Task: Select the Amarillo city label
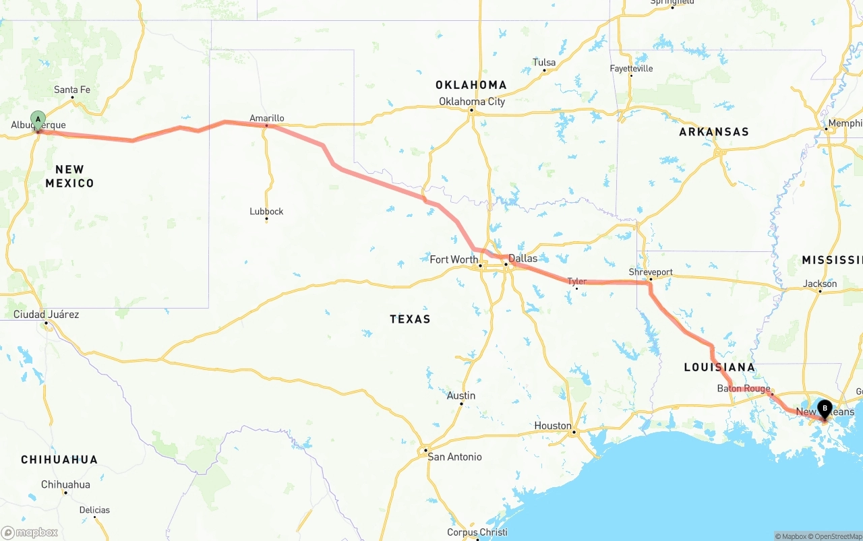point(266,118)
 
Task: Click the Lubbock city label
point(266,211)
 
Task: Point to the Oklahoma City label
point(472,101)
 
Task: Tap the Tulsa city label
point(544,62)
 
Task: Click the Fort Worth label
point(454,259)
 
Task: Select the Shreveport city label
point(651,272)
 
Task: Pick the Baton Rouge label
point(744,389)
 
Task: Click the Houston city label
point(553,425)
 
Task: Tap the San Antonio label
point(454,457)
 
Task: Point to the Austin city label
point(461,395)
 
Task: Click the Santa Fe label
point(72,90)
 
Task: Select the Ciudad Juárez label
point(46,314)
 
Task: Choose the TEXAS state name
point(410,319)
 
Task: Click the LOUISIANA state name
point(719,367)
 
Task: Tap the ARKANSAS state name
point(713,131)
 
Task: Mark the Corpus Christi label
point(477,532)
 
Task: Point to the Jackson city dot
point(820,291)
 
